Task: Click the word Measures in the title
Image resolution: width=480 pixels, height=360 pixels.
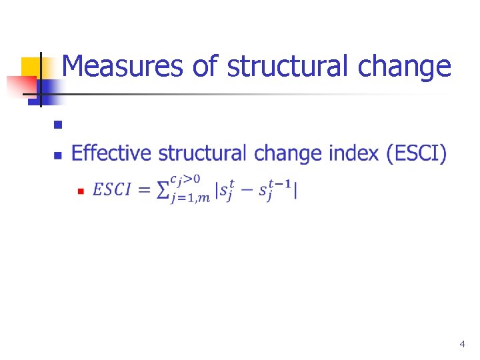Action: tap(107, 67)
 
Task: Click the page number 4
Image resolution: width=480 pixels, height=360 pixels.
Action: tap(462, 344)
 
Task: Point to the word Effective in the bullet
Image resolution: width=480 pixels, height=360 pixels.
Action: tap(111, 153)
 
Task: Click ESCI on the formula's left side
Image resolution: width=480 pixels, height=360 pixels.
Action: tap(111, 190)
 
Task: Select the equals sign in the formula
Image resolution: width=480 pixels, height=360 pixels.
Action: tap(143, 190)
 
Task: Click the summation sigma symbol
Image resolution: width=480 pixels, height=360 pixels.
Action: tap(161, 190)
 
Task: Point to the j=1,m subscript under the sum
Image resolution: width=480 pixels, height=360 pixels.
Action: tap(190, 197)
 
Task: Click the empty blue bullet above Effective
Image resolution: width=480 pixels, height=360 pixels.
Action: tap(57, 124)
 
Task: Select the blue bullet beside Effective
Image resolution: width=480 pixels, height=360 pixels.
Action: tap(57, 155)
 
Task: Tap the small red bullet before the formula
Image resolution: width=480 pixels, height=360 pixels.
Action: tap(79, 191)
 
